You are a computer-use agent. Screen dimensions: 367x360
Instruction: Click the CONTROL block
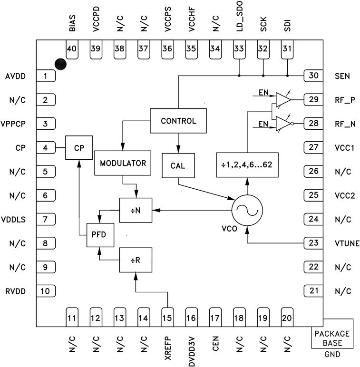pos(178,121)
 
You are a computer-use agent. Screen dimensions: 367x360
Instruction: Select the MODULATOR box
pos(123,163)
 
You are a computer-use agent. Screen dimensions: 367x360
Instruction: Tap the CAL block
pos(178,165)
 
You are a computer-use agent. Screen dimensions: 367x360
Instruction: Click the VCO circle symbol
pos(247,210)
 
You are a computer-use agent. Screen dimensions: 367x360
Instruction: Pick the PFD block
pos(100,234)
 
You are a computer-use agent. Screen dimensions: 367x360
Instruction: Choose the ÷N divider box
pos(136,210)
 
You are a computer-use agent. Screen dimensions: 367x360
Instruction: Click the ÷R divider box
pos(136,260)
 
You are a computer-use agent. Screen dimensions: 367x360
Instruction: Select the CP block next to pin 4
pos(79,148)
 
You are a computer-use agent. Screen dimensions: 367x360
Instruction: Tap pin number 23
pos(313,243)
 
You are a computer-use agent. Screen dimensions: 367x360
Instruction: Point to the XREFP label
pos(167,347)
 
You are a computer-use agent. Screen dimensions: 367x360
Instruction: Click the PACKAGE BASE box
pos(332,338)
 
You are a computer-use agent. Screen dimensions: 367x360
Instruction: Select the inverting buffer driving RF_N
pos(284,124)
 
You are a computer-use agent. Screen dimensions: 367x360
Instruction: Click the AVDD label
pos(16,76)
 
